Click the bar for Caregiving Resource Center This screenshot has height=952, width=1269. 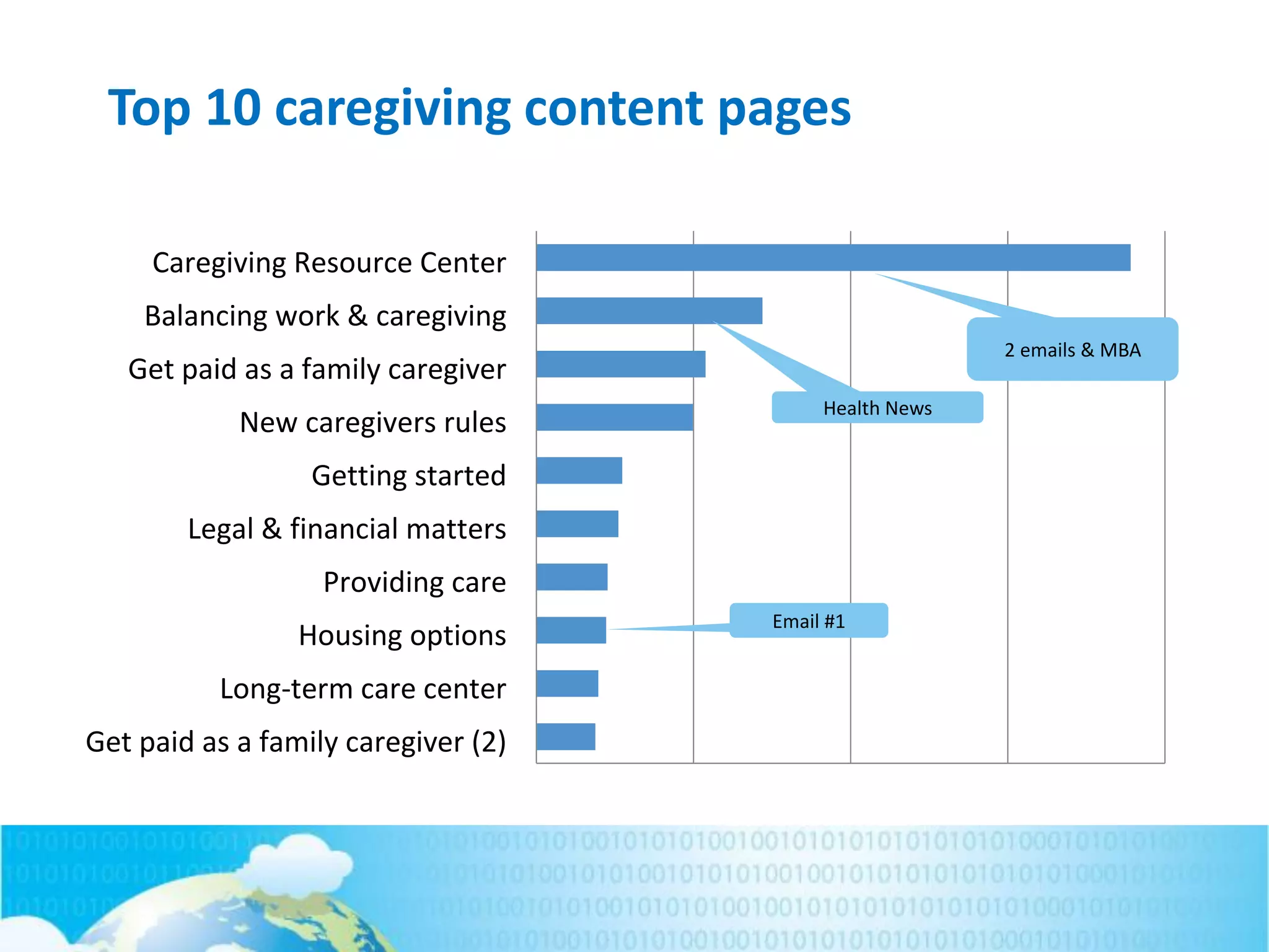pos(833,258)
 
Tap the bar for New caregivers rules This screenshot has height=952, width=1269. pos(615,417)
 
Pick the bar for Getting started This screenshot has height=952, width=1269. pos(579,470)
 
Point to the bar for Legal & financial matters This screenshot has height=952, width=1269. pos(577,524)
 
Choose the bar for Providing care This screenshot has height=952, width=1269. pos(571,577)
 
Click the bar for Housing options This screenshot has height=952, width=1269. pos(571,630)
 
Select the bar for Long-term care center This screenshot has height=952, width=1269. pos(567,684)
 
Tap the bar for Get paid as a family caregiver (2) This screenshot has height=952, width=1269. pos(565,737)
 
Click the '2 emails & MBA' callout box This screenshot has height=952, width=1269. pos(1072,350)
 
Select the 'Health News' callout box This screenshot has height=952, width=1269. pos(877,408)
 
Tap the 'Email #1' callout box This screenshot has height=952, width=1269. pos(808,620)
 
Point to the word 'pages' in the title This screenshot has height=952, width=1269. pos(784,110)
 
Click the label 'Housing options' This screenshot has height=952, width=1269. pos(402,635)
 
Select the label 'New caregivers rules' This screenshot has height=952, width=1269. pos(372,422)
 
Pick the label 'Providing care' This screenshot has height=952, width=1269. pos(415,582)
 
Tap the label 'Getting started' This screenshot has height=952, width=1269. pos(408,475)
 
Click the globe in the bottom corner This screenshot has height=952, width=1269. pos(248,917)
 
